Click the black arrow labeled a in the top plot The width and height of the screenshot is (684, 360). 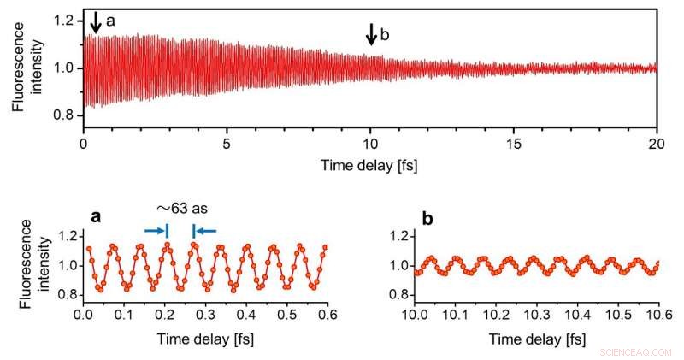96,23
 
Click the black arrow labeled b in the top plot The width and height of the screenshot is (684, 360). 371,34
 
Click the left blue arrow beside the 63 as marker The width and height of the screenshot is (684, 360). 155,229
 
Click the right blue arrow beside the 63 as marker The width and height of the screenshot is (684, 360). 206,229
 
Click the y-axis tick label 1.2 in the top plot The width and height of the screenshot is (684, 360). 64,20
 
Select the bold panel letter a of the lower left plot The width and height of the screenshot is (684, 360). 97,217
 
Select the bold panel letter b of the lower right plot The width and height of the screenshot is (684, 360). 427,217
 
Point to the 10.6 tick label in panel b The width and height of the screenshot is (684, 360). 657,316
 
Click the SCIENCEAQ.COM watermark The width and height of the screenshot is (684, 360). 637,351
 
